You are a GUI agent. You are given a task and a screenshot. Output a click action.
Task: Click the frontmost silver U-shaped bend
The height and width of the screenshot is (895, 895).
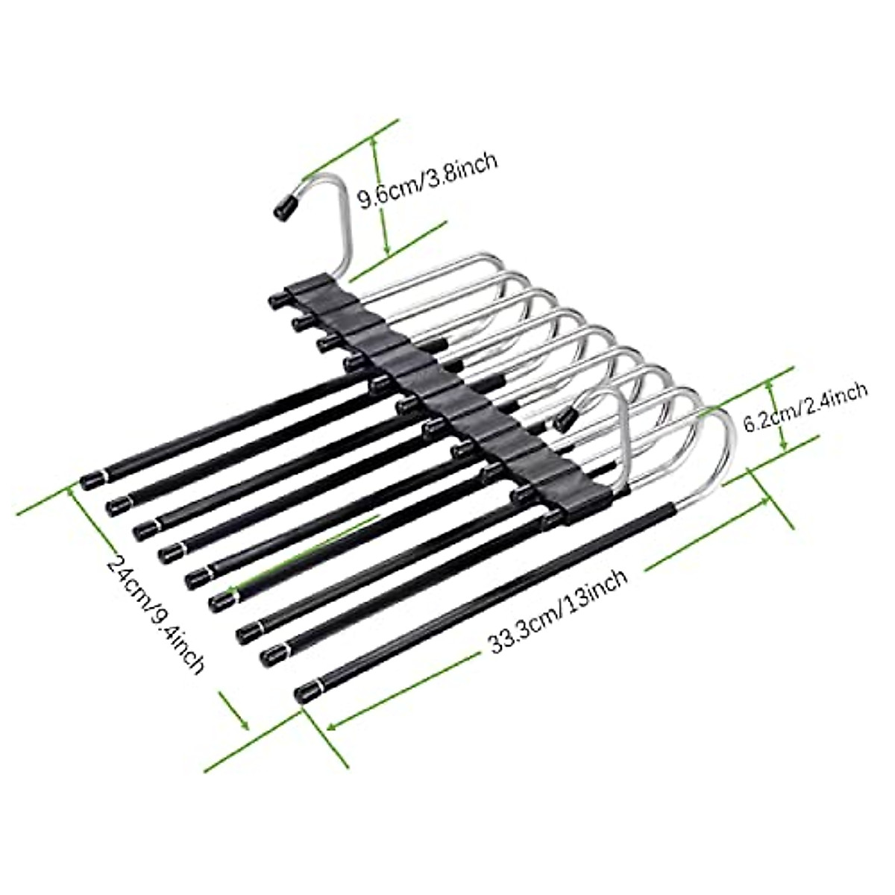coord(709,447)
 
